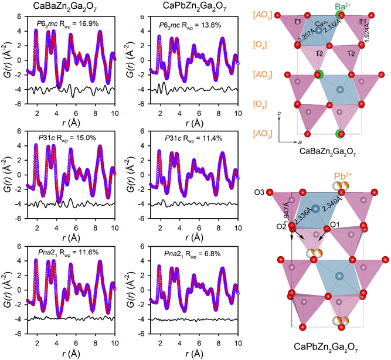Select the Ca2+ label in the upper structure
(x=321, y=24)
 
